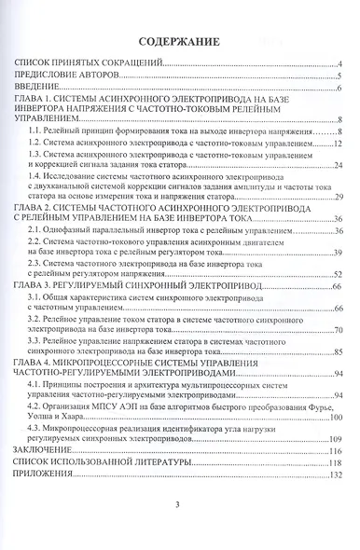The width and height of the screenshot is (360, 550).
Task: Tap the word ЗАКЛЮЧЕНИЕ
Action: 45,450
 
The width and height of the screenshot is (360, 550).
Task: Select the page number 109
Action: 337,438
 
